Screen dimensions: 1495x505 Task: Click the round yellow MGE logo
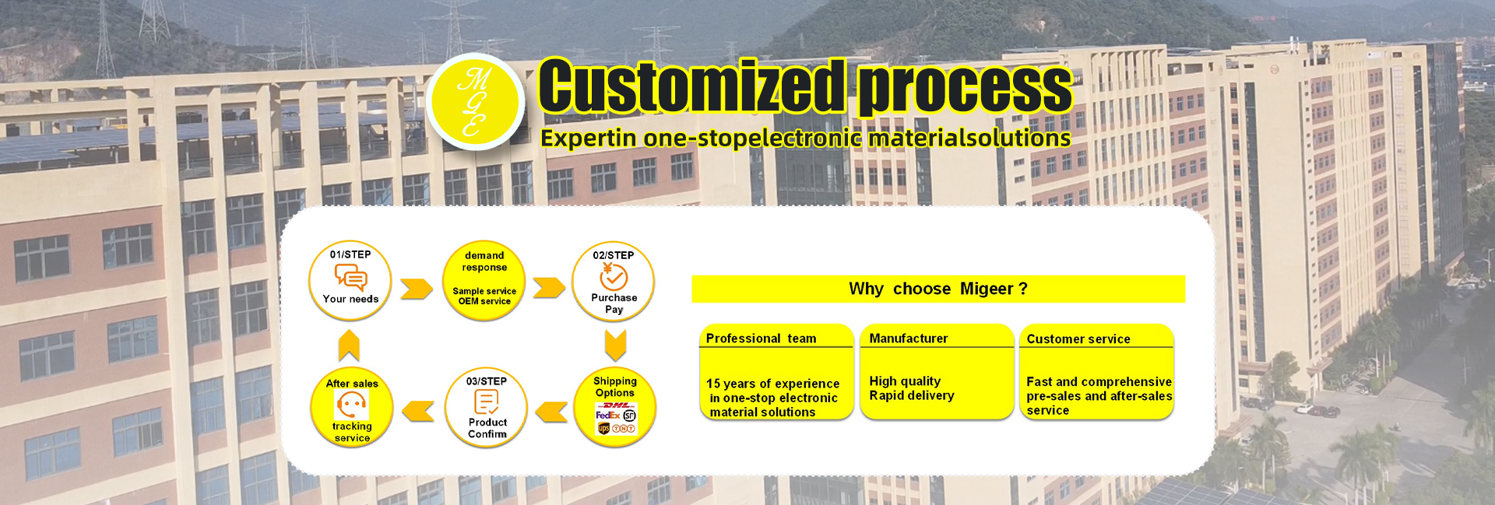pos(476,102)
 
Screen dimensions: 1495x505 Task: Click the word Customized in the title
pos(692,86)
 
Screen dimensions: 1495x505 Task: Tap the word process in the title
pos(966,88)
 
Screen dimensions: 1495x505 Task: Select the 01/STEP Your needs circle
pos(350,280)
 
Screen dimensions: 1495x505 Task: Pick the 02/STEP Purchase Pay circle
pos(614,281)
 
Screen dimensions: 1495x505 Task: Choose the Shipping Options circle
pos(615,407)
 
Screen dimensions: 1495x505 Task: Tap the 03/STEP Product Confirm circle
pos(487,407)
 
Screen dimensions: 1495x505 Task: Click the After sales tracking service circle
pos(352,407)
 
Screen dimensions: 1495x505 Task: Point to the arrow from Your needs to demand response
pos(417,289)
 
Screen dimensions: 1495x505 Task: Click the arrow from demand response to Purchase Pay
pos(550,288)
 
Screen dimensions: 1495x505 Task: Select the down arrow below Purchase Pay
pos(615,345)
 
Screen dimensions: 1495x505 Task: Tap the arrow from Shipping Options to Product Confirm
pos(551,412)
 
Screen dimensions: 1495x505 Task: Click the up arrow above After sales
pos(349,345)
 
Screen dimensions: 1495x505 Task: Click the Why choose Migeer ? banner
pos(938,289)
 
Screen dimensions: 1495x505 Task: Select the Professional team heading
pos(761,338)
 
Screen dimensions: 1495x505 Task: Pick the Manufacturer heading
pos(909,338)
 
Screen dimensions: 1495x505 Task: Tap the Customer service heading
pos(1078,339)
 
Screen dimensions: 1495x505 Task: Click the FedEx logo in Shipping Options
pos(607,416)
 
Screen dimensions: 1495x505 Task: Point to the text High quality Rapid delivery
pos(912,388)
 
